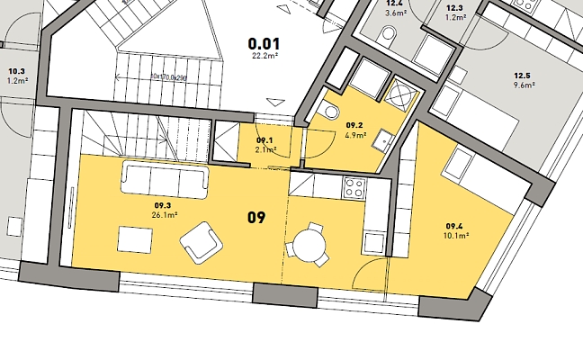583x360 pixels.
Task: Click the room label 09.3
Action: [x=163, y=205]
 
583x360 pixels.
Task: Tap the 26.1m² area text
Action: [x=165, y=214]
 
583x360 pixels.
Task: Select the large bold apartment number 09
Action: [x=256, y=218]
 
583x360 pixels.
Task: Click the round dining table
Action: [x=309, y=246]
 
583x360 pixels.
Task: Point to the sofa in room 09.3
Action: [x=165, y=180]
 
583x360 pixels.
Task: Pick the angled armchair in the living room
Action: [x=202, y=243]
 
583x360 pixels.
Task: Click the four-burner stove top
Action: [x=354, y=187]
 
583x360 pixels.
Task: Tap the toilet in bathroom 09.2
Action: [x=328, y=111]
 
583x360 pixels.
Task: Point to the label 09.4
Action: [x=454, y=226]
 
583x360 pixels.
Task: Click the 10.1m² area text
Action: [x=456, y=236]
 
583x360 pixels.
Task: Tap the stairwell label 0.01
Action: [x=264, y=44]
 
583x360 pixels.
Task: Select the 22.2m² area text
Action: [x=265, y=56]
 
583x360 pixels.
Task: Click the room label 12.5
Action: [x=523, y=76]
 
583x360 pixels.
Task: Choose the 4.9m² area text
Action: [x=355, y=135]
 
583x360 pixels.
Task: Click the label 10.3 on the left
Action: [x=17, y=71]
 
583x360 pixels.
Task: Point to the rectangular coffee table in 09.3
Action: [x=135, y=240]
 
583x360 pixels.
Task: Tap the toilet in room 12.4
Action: [x=387, y=35]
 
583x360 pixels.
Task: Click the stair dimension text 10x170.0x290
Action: [x=168, y=77]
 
